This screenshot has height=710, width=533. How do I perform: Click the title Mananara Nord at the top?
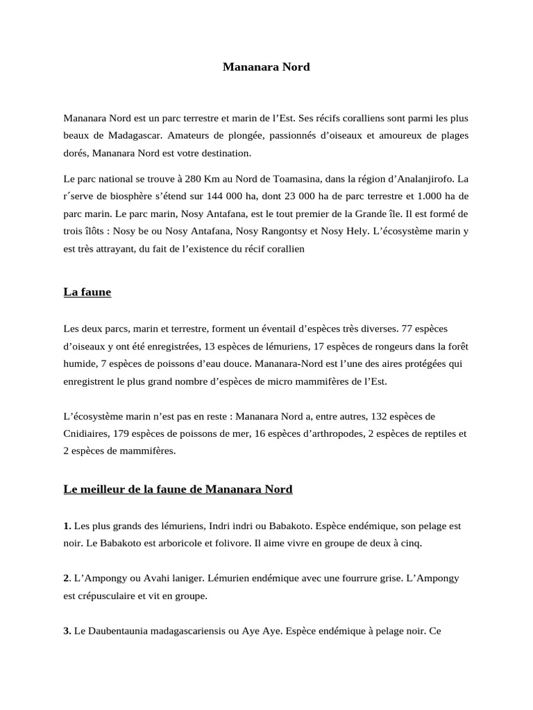coord(266,67)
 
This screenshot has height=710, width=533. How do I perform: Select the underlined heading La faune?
coord(87,293)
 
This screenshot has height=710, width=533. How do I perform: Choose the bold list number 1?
coord(67,526)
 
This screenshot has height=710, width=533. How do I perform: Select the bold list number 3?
coord(67,632)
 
